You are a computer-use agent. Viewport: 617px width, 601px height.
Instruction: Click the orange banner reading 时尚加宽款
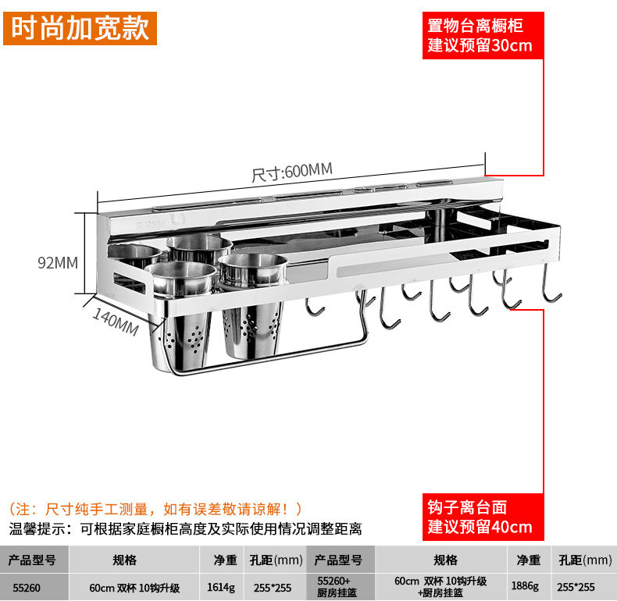pyautogui.click(x=80, y=29)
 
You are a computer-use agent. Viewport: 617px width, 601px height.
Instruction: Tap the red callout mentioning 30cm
pyautogui.click(x=480, y=33)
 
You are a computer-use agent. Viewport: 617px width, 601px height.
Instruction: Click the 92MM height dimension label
pyautogui.click(x=58, y=263)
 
